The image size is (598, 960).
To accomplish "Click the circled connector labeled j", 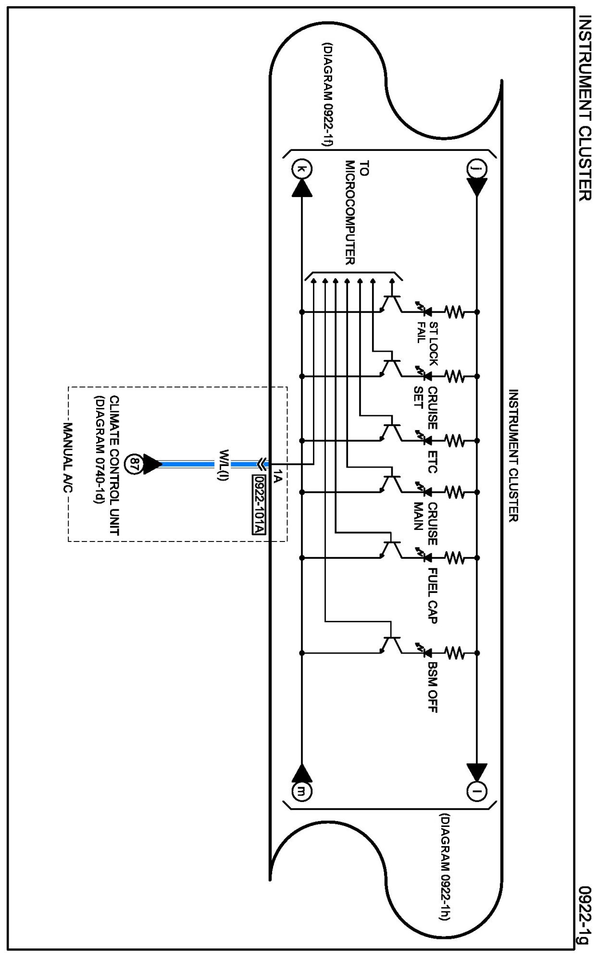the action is [476, 169].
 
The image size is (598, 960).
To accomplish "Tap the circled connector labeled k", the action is [301, 169].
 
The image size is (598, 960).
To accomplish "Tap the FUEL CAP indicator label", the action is [432, 595].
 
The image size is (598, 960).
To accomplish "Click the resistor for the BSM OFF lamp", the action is [454, 653].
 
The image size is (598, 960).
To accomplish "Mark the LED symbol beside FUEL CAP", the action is [423, 557].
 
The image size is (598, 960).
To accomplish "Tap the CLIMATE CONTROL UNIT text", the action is [114, 465].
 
